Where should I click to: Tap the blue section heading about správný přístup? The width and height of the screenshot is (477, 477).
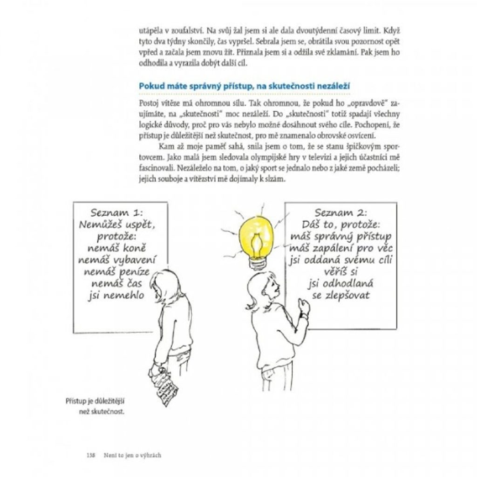pos(245,87)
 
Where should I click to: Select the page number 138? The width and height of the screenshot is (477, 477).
pos(91,455)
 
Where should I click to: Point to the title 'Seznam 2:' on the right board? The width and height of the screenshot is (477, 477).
pos(340,213)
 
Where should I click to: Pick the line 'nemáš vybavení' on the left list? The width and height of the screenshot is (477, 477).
pos(117,259)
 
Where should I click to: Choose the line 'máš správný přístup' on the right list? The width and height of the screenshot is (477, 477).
pos(341,237)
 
